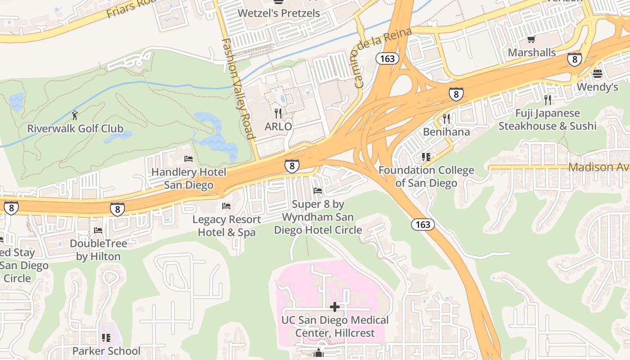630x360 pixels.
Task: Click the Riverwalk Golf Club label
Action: pyautogui.click(x=75, y=129)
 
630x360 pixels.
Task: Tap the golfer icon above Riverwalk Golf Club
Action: pyautogui.click(x=75, y=115)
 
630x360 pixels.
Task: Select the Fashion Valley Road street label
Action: pyautogui.click(x=238, y=89)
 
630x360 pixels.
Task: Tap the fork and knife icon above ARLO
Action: pyautogui.click(x=278, y=113)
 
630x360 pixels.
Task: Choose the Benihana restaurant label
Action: pyautogui.click(x=446, y=132)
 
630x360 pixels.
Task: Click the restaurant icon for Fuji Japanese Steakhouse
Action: pyautogui.click(x=547, y=100)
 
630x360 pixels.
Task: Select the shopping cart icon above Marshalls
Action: pyautogui.click(x=531, y=40)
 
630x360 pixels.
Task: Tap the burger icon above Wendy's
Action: pyautogui.click(x=598, y=73)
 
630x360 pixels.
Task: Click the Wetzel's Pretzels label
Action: pyautogui.click(x=279, y=13)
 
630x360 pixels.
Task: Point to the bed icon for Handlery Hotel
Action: pyautogui.click(x=189, y=159)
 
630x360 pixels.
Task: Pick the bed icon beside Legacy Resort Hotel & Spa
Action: pyautogui.click(x=226, y=206)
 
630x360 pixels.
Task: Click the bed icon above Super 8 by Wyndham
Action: pyautogui.click(x=318, y=191)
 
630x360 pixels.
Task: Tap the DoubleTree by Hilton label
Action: pyautogui.click(x=98, y=250)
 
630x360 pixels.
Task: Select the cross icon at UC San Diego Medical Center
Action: pyautogui.click(x=335, y=307)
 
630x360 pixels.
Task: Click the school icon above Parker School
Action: pyautogui.click(x=106, y=337)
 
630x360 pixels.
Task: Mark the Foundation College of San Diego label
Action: pyautogui.click(x=426, y=176)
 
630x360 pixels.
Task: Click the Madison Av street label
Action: pyautogui.click(x=598, y=167)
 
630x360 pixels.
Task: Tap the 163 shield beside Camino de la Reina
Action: pyautogui.click(x=387, y=58)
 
